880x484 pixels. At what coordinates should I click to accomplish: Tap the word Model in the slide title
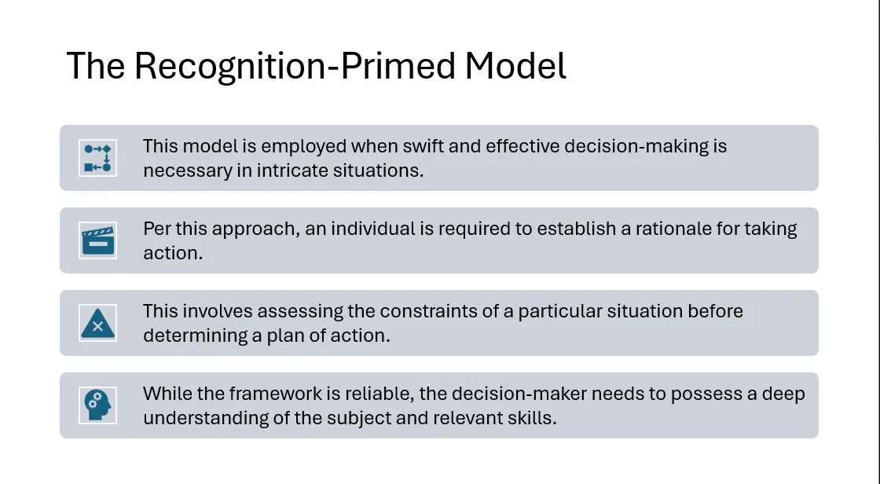click(x=515, y=66)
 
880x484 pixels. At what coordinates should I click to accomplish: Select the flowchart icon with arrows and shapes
click(x=97, y=158)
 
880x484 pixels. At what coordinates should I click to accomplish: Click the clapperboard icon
click(x=97, y=240)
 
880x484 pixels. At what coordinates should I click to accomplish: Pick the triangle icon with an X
click(x=97, y=323)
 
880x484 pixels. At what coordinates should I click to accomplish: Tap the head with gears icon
click(x=97, y=405)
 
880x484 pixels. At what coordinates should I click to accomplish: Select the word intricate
click(x=292, y=170)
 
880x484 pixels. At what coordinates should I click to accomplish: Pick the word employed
click(x=303, y=147)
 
